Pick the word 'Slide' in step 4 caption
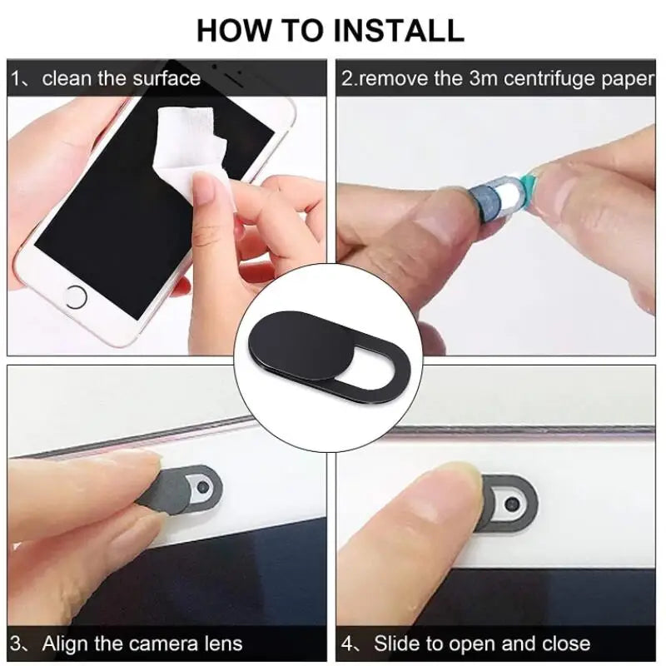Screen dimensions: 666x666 pyautogui.click(x=396, y=644)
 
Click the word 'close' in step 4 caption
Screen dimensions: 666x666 pyautogui.click(x=565, y=644)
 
